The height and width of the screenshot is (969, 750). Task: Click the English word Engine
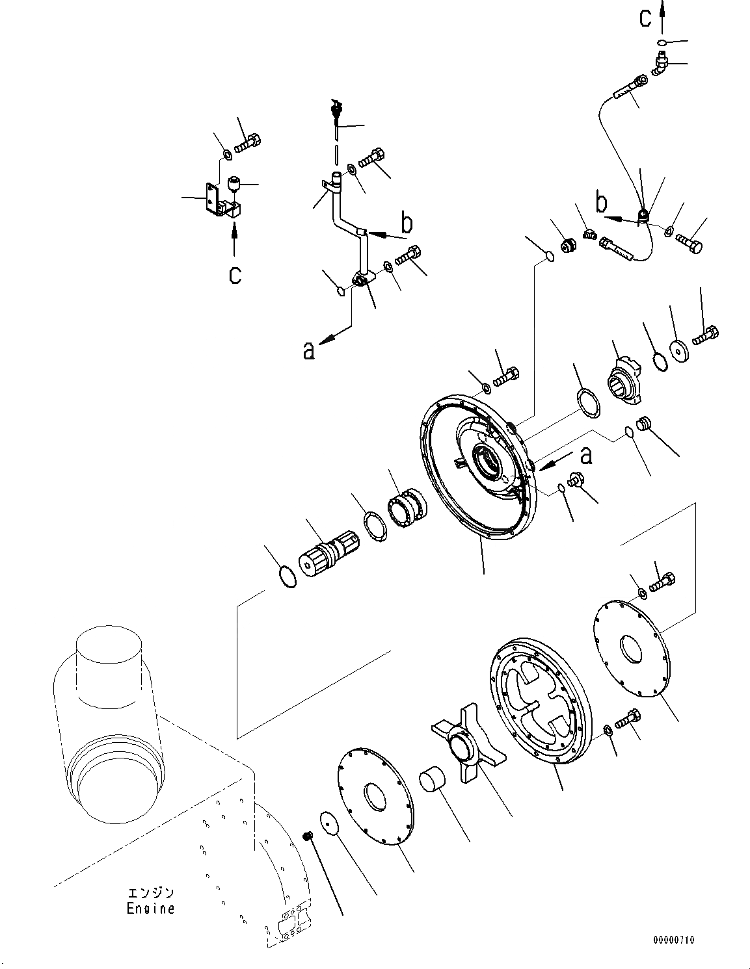[x=150, y=909]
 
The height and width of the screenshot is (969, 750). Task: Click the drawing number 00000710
[x=674, y=940]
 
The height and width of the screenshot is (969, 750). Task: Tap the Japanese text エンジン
[x=150, y=894]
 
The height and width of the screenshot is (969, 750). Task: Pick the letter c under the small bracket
[x=234, y=274]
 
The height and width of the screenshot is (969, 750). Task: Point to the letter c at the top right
[x=645, y=18]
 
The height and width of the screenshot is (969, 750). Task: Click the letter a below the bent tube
[x=309, y=350]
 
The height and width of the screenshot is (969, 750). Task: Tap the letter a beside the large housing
[x=586, y=456]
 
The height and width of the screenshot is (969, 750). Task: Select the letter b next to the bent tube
[x=407, y=224]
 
